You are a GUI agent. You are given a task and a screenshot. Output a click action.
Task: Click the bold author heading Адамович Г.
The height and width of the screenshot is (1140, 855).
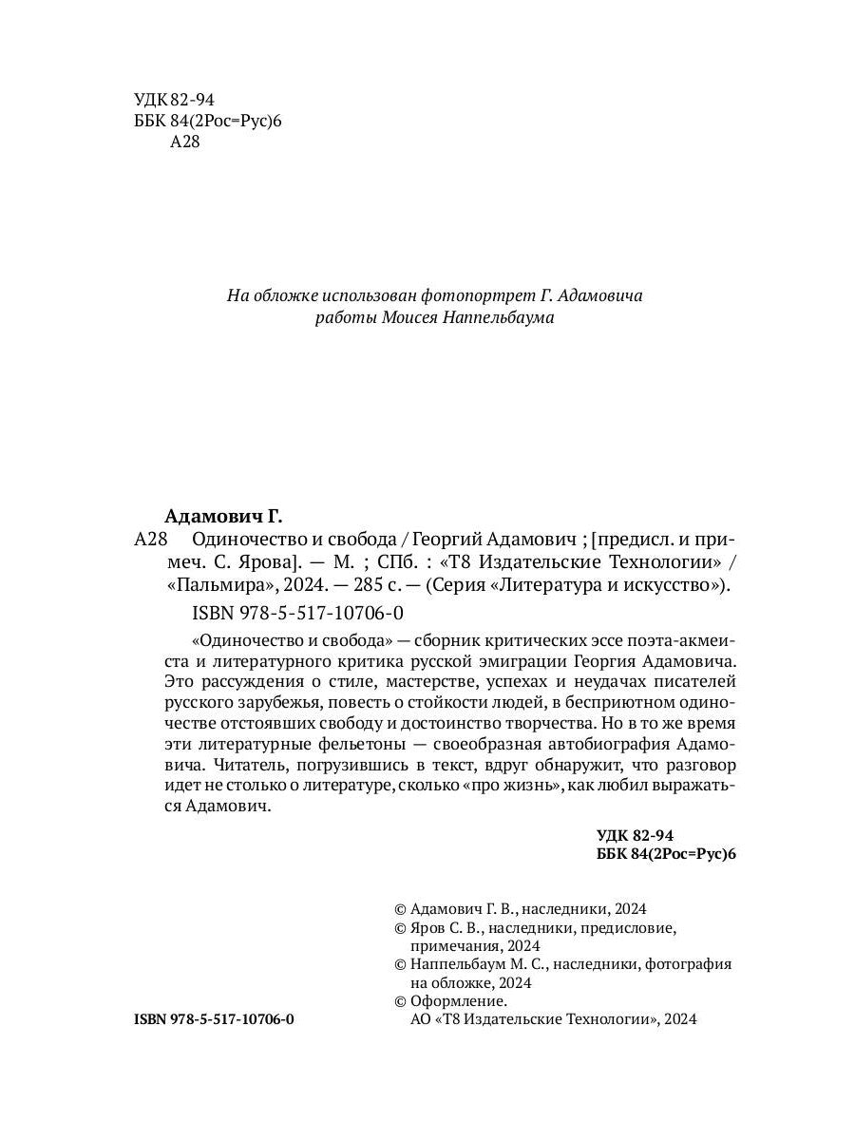[x=223, y=517]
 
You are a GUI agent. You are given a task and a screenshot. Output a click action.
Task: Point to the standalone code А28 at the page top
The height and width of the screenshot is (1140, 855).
[x=184, y=142]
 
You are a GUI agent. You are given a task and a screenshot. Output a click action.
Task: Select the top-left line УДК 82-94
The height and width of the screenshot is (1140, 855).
[x=174, y=99]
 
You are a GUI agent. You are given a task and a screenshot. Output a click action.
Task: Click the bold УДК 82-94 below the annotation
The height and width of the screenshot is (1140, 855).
[x=635, y=835]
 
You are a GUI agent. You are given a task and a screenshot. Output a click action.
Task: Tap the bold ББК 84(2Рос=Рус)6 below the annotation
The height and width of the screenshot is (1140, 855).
[x=665, y=854]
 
